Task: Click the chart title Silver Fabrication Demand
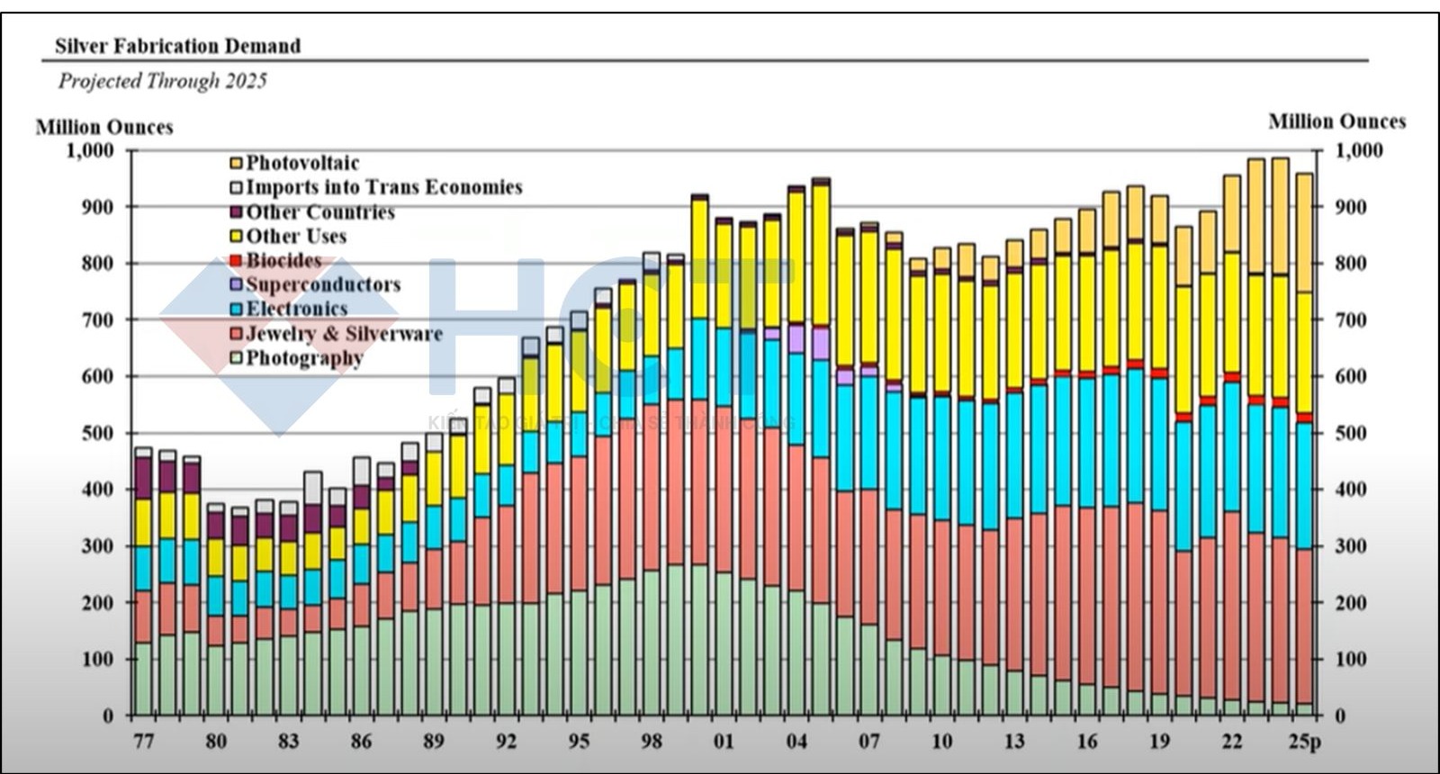[x=177, y=46]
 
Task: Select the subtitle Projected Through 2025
[x=163, y=81]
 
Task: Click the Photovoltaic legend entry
[x=301, y=163]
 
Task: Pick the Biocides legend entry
[x=283, y=260]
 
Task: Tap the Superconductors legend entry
[x=322, y=284]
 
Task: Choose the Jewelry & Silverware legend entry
[x=343, y=333]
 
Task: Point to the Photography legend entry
[x=303, y=357]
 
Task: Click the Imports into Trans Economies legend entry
[x=382, y=187]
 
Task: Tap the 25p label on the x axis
[x=1304, y=742]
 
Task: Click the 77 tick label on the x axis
[x=143, y=742]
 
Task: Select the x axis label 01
[x=724, y=742]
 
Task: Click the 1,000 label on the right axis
[x=1358, y=150]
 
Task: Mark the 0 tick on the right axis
[x=1340, y=716]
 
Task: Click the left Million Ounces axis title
[x=104, y=127]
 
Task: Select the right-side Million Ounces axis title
[x=1336, y=121]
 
